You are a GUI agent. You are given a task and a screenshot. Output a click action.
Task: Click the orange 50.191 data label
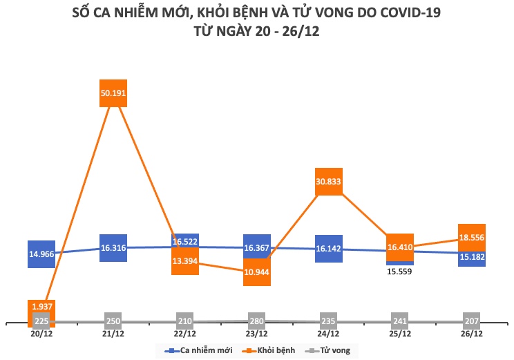[113, 93]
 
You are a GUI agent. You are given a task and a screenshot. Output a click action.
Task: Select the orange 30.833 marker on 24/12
[329, 182]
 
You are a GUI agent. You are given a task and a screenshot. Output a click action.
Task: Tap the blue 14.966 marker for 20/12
[41, 254]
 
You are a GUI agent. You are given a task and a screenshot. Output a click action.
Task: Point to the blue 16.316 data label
[113, 247]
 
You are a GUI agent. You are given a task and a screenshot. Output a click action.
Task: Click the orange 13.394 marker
[185, 261]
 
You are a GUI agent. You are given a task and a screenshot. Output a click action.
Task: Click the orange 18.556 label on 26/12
[472, 237]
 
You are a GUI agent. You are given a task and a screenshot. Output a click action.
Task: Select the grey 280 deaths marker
[257, 321]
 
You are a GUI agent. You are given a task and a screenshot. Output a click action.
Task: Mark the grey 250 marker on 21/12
[113, 321]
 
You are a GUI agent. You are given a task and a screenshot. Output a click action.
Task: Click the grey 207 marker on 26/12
[472, 321]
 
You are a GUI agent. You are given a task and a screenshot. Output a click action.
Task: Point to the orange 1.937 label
[41, 306]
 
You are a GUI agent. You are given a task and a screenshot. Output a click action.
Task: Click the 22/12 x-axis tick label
[185, 333]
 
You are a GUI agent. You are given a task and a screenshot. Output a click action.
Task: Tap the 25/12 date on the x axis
[400, 333]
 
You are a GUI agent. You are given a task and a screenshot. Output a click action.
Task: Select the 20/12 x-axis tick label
[41, 333]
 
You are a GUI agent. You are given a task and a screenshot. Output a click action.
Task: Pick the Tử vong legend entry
[333, 350]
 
